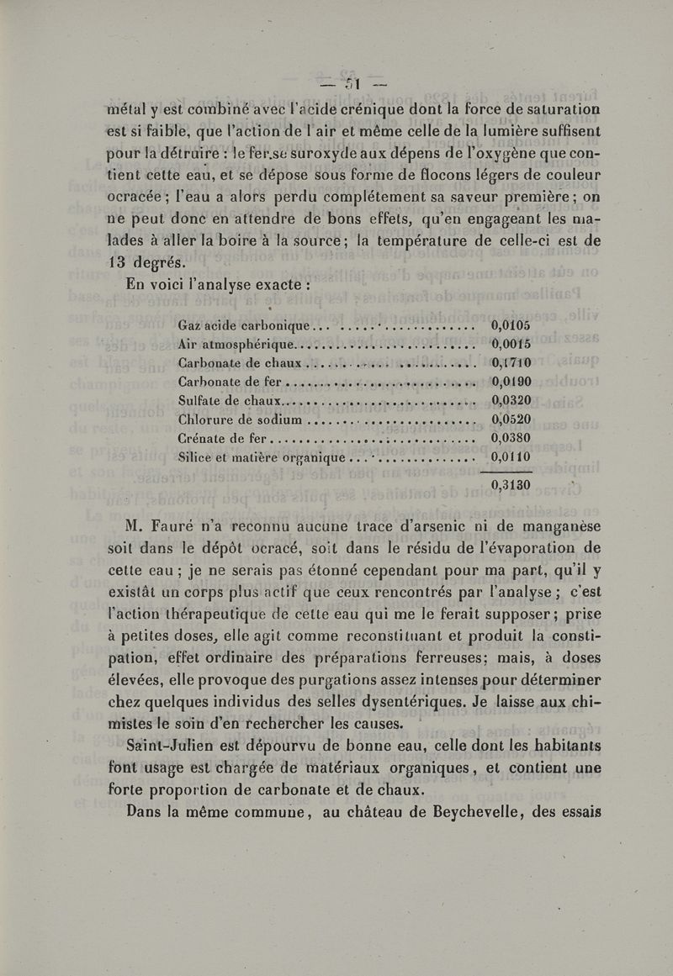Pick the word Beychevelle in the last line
pyautogui.click(x=454, y=811)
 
